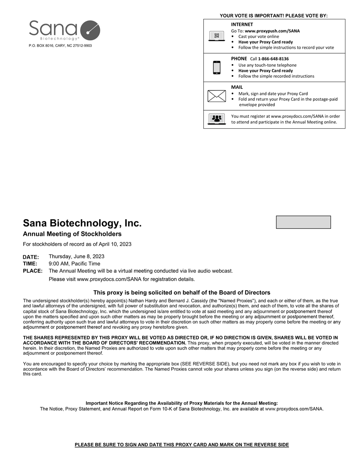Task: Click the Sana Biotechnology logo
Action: [x=65, y=30]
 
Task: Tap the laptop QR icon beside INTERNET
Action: [x=216, y=36]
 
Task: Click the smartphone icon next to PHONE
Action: [x=216, y=67]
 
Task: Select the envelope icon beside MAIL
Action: [x=216, y=95]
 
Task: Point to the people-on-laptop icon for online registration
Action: [x=216, y=119]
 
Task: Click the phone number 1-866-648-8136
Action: [x=273, y=59]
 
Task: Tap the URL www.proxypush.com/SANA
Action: [x=272, y=31]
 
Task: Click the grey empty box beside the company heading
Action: [x=303, y=222]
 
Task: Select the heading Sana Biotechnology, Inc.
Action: [x=82, y=223]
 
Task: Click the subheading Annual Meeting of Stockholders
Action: [x=72, y=234]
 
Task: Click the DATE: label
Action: [x=31, y=257]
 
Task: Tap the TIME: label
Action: [x=30, y=264]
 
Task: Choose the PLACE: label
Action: [x=32, y=271]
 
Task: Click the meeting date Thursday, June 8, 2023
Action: [x=76, y=256]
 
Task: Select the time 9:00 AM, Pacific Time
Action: [x=74, y=264]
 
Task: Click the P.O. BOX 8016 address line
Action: [x=60, y=46]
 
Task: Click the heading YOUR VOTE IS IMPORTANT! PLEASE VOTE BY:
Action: [x=274, y=16]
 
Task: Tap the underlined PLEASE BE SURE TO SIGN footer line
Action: [x=182, y=445]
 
